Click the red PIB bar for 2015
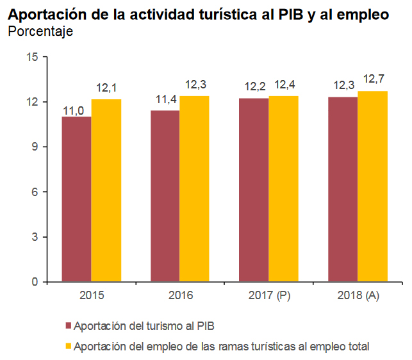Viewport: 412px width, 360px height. coord(76,199)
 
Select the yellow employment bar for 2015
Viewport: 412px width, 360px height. coord(106,190)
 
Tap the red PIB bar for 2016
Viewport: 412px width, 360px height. coord(165,195)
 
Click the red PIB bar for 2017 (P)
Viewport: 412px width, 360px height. coord(253,190)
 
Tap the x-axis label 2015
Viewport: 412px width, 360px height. coord(91,296)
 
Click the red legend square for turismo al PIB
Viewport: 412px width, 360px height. coord(67,327)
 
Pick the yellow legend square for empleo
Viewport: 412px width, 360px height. coord(67,347)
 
